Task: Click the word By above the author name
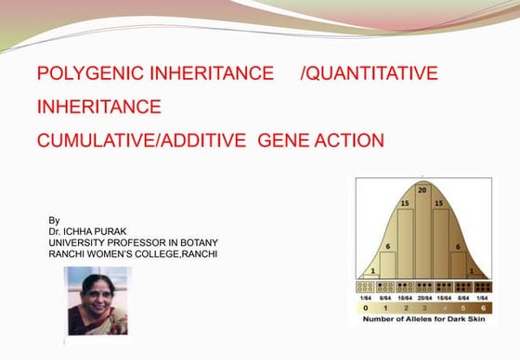pos(54,220)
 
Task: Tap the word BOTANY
pos(198,242)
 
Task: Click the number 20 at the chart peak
pos(423,189)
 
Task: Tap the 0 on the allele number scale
pos(366,306)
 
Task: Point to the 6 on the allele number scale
pos(482,306)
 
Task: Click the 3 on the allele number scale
pos(423,306)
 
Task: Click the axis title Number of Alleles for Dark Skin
pos(423,318)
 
